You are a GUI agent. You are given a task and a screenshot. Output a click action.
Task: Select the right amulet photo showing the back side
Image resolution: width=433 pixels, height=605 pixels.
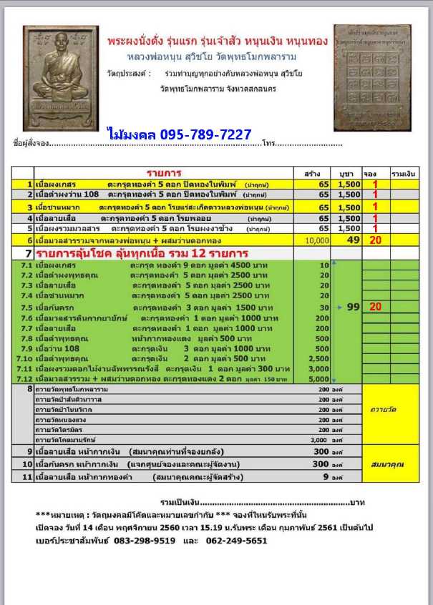(372, 78)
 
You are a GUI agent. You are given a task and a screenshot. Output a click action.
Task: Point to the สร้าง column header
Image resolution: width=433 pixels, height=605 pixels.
(311, 173)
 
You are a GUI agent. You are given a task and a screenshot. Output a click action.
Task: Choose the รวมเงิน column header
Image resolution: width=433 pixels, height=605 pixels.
(404, 173)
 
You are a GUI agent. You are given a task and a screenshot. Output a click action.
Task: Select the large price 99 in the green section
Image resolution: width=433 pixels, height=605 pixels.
(351, 306)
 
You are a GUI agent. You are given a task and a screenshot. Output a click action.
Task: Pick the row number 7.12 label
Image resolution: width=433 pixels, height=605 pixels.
(24, 378)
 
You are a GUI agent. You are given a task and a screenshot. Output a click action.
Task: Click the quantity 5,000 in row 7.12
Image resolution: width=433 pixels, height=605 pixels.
(319, 378)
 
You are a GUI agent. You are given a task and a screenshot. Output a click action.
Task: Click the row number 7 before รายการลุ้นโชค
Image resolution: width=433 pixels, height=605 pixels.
(29, 253)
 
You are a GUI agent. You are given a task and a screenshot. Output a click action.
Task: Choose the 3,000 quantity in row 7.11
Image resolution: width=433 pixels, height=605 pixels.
(319, 368)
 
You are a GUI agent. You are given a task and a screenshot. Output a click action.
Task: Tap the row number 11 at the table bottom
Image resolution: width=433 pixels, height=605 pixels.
(27, 476)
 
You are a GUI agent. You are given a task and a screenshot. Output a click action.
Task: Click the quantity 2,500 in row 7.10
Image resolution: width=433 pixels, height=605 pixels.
(319, 358)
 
